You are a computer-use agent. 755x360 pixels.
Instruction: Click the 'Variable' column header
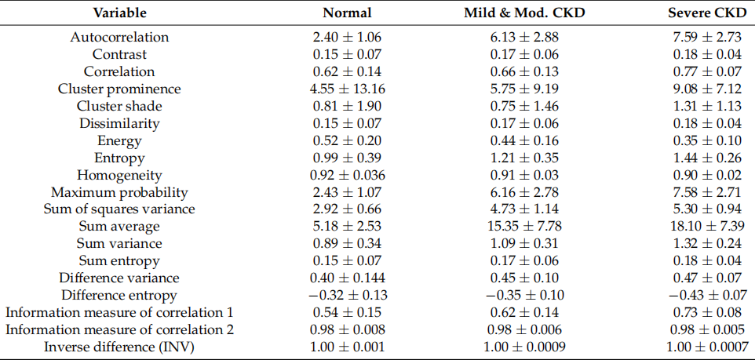(x=119, y=13)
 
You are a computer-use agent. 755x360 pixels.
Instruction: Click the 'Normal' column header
(x=348, y=13)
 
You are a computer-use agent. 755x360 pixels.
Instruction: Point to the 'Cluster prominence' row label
(x=119, y=89)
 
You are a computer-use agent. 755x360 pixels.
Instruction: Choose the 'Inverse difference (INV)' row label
(x=119, y=347)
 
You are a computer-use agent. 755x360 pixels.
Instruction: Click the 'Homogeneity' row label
(x=119, y=175)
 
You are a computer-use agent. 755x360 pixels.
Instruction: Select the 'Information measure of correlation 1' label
(x=119, y=313)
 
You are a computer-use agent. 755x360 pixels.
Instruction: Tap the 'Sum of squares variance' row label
(x=119, y=209)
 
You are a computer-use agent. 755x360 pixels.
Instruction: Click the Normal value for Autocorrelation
(x=348, y=37)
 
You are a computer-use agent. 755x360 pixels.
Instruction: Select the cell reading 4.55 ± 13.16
(x=348, y=89)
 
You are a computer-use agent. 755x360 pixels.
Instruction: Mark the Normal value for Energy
(x=348, y=140)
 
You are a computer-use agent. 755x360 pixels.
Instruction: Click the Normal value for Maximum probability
(x=348, y=192)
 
